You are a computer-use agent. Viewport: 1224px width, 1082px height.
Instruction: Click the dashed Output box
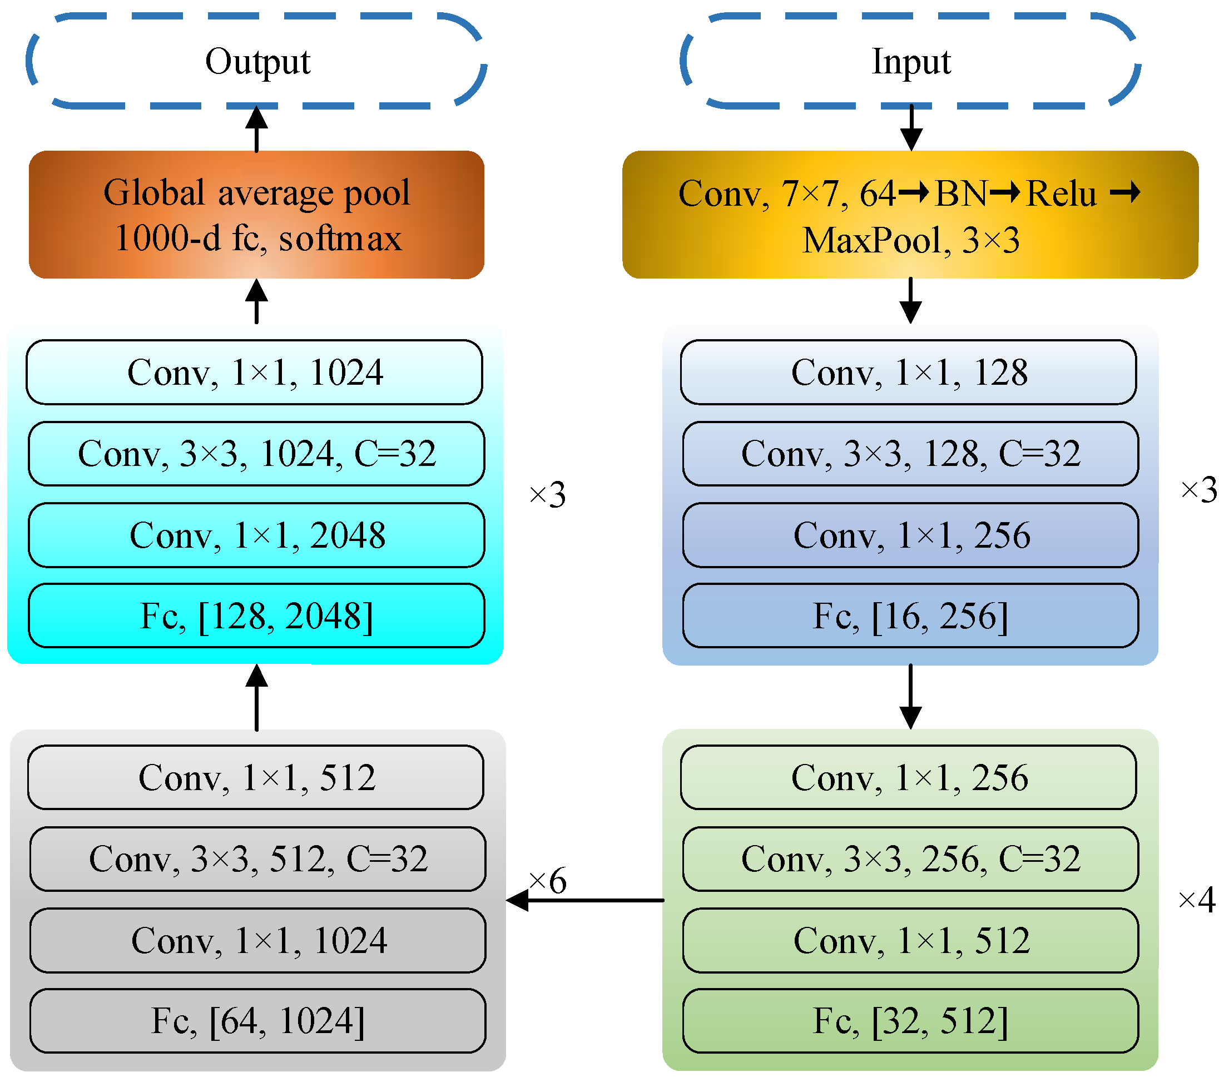[257, 61]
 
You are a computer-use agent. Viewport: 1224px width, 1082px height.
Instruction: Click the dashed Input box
[911, 61]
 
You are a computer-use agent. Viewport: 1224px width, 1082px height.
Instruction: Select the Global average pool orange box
[257, 215]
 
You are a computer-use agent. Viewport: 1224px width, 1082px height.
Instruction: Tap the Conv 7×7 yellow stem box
[911, 215]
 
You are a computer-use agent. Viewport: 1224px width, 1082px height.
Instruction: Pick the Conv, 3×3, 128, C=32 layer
[911, 454]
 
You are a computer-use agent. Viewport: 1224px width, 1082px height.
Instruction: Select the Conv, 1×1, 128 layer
[909, 373]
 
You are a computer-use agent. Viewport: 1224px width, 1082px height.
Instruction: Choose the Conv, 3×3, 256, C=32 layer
[911, 859]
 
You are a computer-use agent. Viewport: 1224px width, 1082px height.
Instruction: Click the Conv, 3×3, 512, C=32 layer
[258, 859]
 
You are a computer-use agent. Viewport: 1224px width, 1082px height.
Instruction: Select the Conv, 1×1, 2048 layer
[257, 535]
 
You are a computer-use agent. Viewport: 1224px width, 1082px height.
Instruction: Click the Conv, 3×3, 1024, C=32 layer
[257, 454]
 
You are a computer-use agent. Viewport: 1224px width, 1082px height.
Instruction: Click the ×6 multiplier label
[548, 881]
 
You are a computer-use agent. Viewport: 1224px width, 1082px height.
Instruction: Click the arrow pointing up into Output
[257, 130]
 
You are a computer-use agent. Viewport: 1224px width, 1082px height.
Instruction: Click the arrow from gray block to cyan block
[257, 698]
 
